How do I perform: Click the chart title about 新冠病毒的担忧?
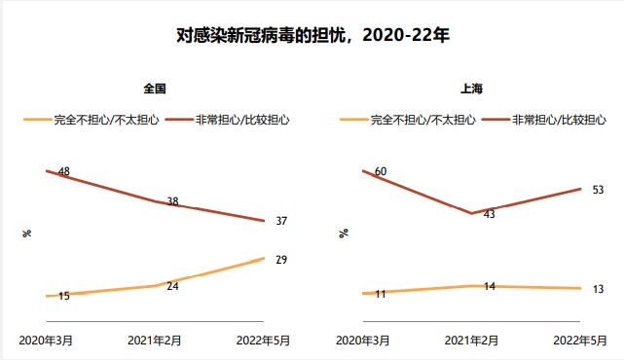coord(312,35)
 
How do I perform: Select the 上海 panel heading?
coord(471,89)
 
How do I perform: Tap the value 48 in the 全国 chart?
coord(64,172)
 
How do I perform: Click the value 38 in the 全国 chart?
coord(172,202)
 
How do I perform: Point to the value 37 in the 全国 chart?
coord(281,221)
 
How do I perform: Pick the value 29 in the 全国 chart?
coord(281,260)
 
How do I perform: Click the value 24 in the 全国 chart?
coord(172,286)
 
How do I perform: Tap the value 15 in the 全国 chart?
coord(64,296)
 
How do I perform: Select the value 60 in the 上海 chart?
coord(381,172)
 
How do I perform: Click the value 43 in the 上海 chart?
coord(489,214)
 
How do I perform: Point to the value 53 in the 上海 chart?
coord(598,190)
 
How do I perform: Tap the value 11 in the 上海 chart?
coord(381,294)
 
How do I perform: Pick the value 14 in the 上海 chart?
coord(489,286)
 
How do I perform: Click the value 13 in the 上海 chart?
coord(598,289)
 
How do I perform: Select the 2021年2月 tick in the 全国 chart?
coord(156,341)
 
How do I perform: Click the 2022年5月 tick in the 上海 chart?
coord(581,341)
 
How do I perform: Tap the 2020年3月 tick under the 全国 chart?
coord(47,341)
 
